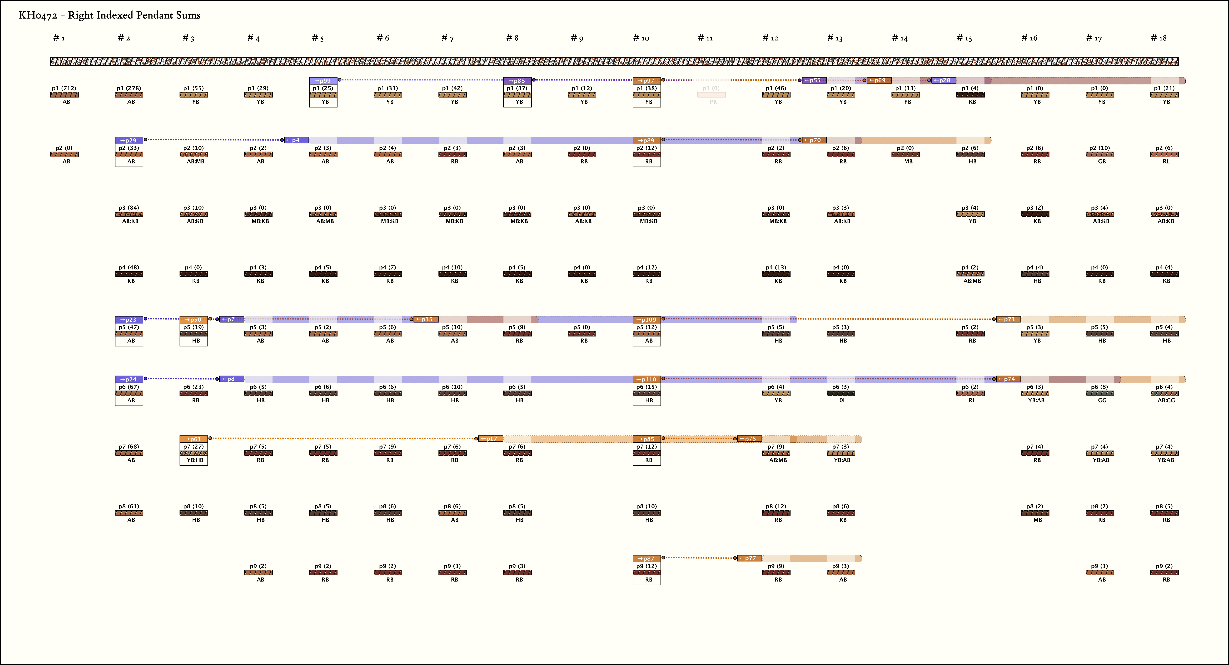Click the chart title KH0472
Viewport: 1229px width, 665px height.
coord(109,15)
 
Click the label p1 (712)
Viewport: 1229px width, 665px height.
coord(64,88)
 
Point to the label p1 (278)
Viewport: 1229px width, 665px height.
coord(129,88)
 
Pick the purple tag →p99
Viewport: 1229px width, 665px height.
coord(323,81)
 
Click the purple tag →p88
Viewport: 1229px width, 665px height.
coord(517,81)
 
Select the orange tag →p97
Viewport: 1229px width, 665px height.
coord(646,81)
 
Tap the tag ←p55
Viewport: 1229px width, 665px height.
coord(814,80)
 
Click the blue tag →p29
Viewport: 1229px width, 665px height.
coord(129,140)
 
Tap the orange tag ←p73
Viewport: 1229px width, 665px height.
coord(1008,319)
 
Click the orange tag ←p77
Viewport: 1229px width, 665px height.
coord(749,558)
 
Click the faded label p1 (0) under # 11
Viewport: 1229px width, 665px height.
coord(711,88)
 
